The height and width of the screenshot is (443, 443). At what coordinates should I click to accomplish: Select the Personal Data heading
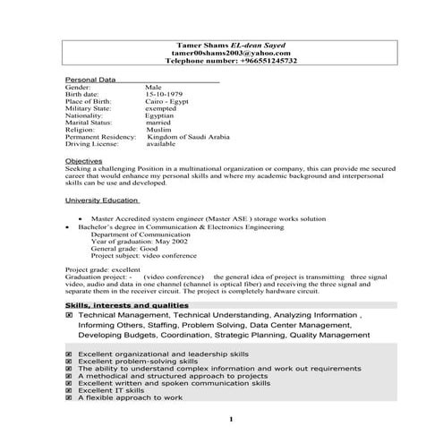click(x=90, y=80)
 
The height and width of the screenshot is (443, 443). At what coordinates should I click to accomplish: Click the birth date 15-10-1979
click(x=166, y=94)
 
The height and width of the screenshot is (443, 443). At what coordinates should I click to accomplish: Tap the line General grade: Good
click(x=128, y=249)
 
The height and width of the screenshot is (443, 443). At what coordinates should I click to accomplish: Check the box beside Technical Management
click(x=70, y=317)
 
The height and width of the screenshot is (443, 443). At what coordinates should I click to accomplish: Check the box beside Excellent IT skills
click(x=70, y=390)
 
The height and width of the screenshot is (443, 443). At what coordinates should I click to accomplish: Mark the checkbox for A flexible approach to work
click(x=70, y=397)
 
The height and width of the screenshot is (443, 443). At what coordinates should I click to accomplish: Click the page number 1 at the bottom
click(x=231, y=419)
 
